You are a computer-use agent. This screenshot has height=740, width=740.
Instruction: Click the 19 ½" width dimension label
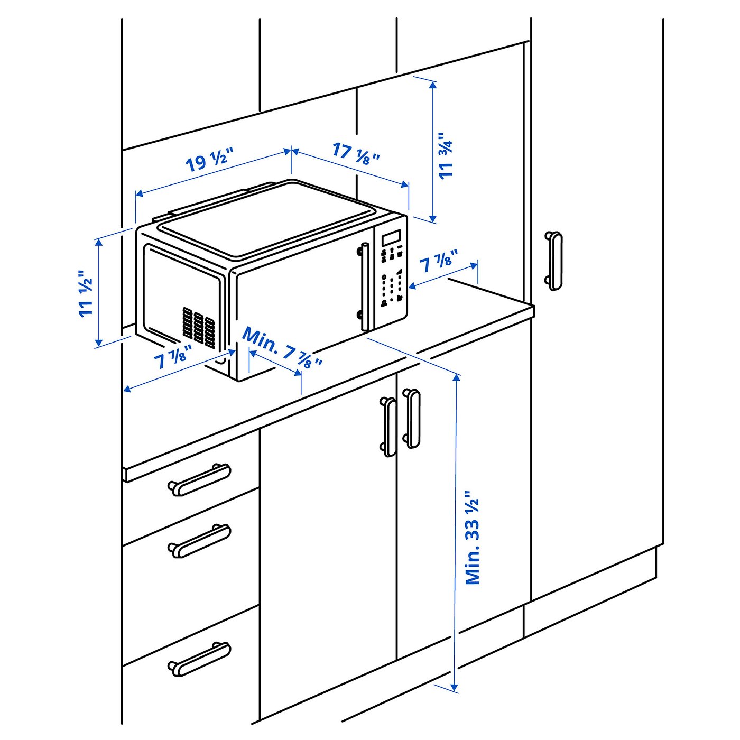(209, 161)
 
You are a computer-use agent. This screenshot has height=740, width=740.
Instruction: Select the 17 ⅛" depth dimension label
(356, 153)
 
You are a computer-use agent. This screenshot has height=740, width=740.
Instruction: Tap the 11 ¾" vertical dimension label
(446, 155)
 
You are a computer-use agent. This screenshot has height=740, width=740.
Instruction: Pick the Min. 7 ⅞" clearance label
(282, 348)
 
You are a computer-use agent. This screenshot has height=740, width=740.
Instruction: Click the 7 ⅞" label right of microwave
(438, 261)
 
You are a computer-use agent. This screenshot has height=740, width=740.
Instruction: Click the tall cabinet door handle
(553, 261)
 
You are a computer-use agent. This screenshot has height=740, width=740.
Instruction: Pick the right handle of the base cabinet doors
(412, 419)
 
